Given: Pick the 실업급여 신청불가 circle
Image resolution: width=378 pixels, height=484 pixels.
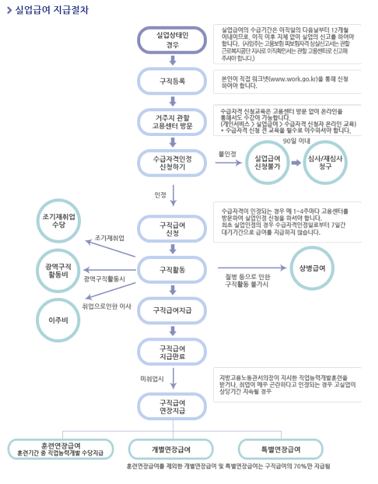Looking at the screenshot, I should pyautogui.click(x=269, y=163).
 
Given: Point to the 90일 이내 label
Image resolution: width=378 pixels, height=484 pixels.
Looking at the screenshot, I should pyautogui.click(x=296, y=140).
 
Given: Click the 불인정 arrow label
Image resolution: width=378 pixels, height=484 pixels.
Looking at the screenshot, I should pyautogui.click(x=227, y=153).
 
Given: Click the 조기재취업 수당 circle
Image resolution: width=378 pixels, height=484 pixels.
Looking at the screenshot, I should pyautogui.click(x=59, y=221).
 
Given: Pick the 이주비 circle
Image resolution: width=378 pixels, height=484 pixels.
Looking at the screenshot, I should pyautogui.click(x=59, y=320).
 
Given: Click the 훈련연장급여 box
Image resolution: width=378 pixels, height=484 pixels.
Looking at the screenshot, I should pyautogui.click(x=61, y=448).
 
